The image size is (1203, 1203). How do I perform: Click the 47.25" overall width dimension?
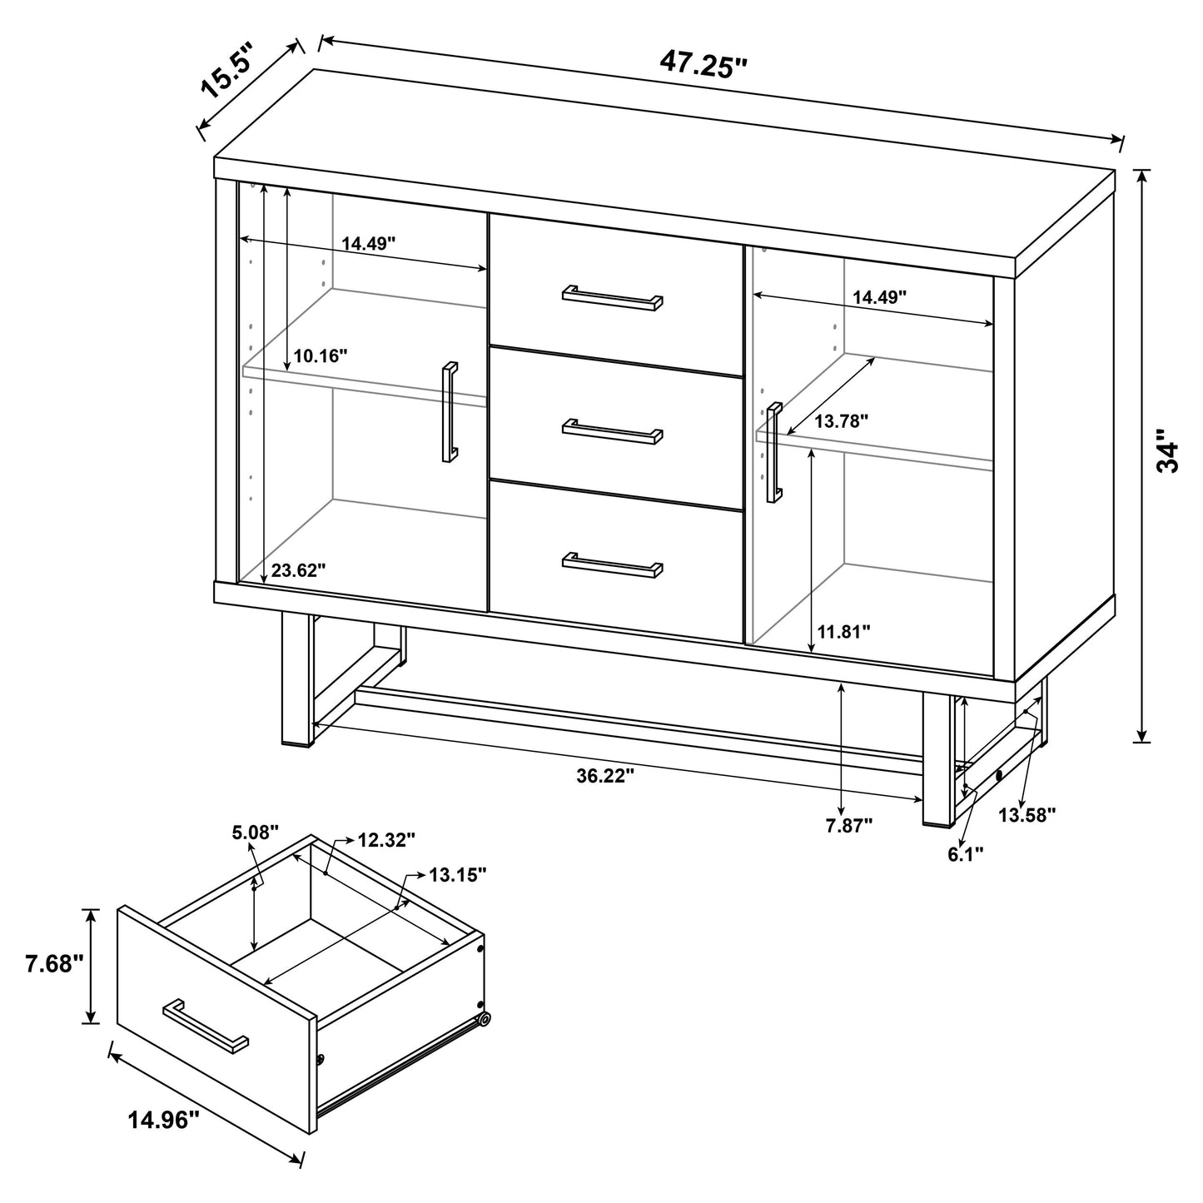[703, 63]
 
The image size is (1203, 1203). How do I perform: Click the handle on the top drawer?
[613, 297]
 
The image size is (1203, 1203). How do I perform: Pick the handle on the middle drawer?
[613, 430]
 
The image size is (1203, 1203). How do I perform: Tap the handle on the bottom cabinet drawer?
[613, 564]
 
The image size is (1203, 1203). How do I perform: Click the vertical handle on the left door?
[450, 411]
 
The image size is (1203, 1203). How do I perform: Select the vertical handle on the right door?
[775, 453]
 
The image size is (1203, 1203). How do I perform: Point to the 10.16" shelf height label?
[320, 356]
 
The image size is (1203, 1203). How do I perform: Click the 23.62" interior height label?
[298, 570]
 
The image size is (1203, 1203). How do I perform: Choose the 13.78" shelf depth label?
[842, 421]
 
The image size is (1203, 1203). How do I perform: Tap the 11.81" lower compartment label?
[843, 632]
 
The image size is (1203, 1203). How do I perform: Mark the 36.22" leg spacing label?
[605, 776]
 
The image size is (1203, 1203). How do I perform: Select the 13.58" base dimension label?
[1027, 814]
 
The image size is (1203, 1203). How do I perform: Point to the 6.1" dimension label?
[966, 853]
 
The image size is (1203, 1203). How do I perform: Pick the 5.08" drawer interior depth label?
[256, 833]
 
